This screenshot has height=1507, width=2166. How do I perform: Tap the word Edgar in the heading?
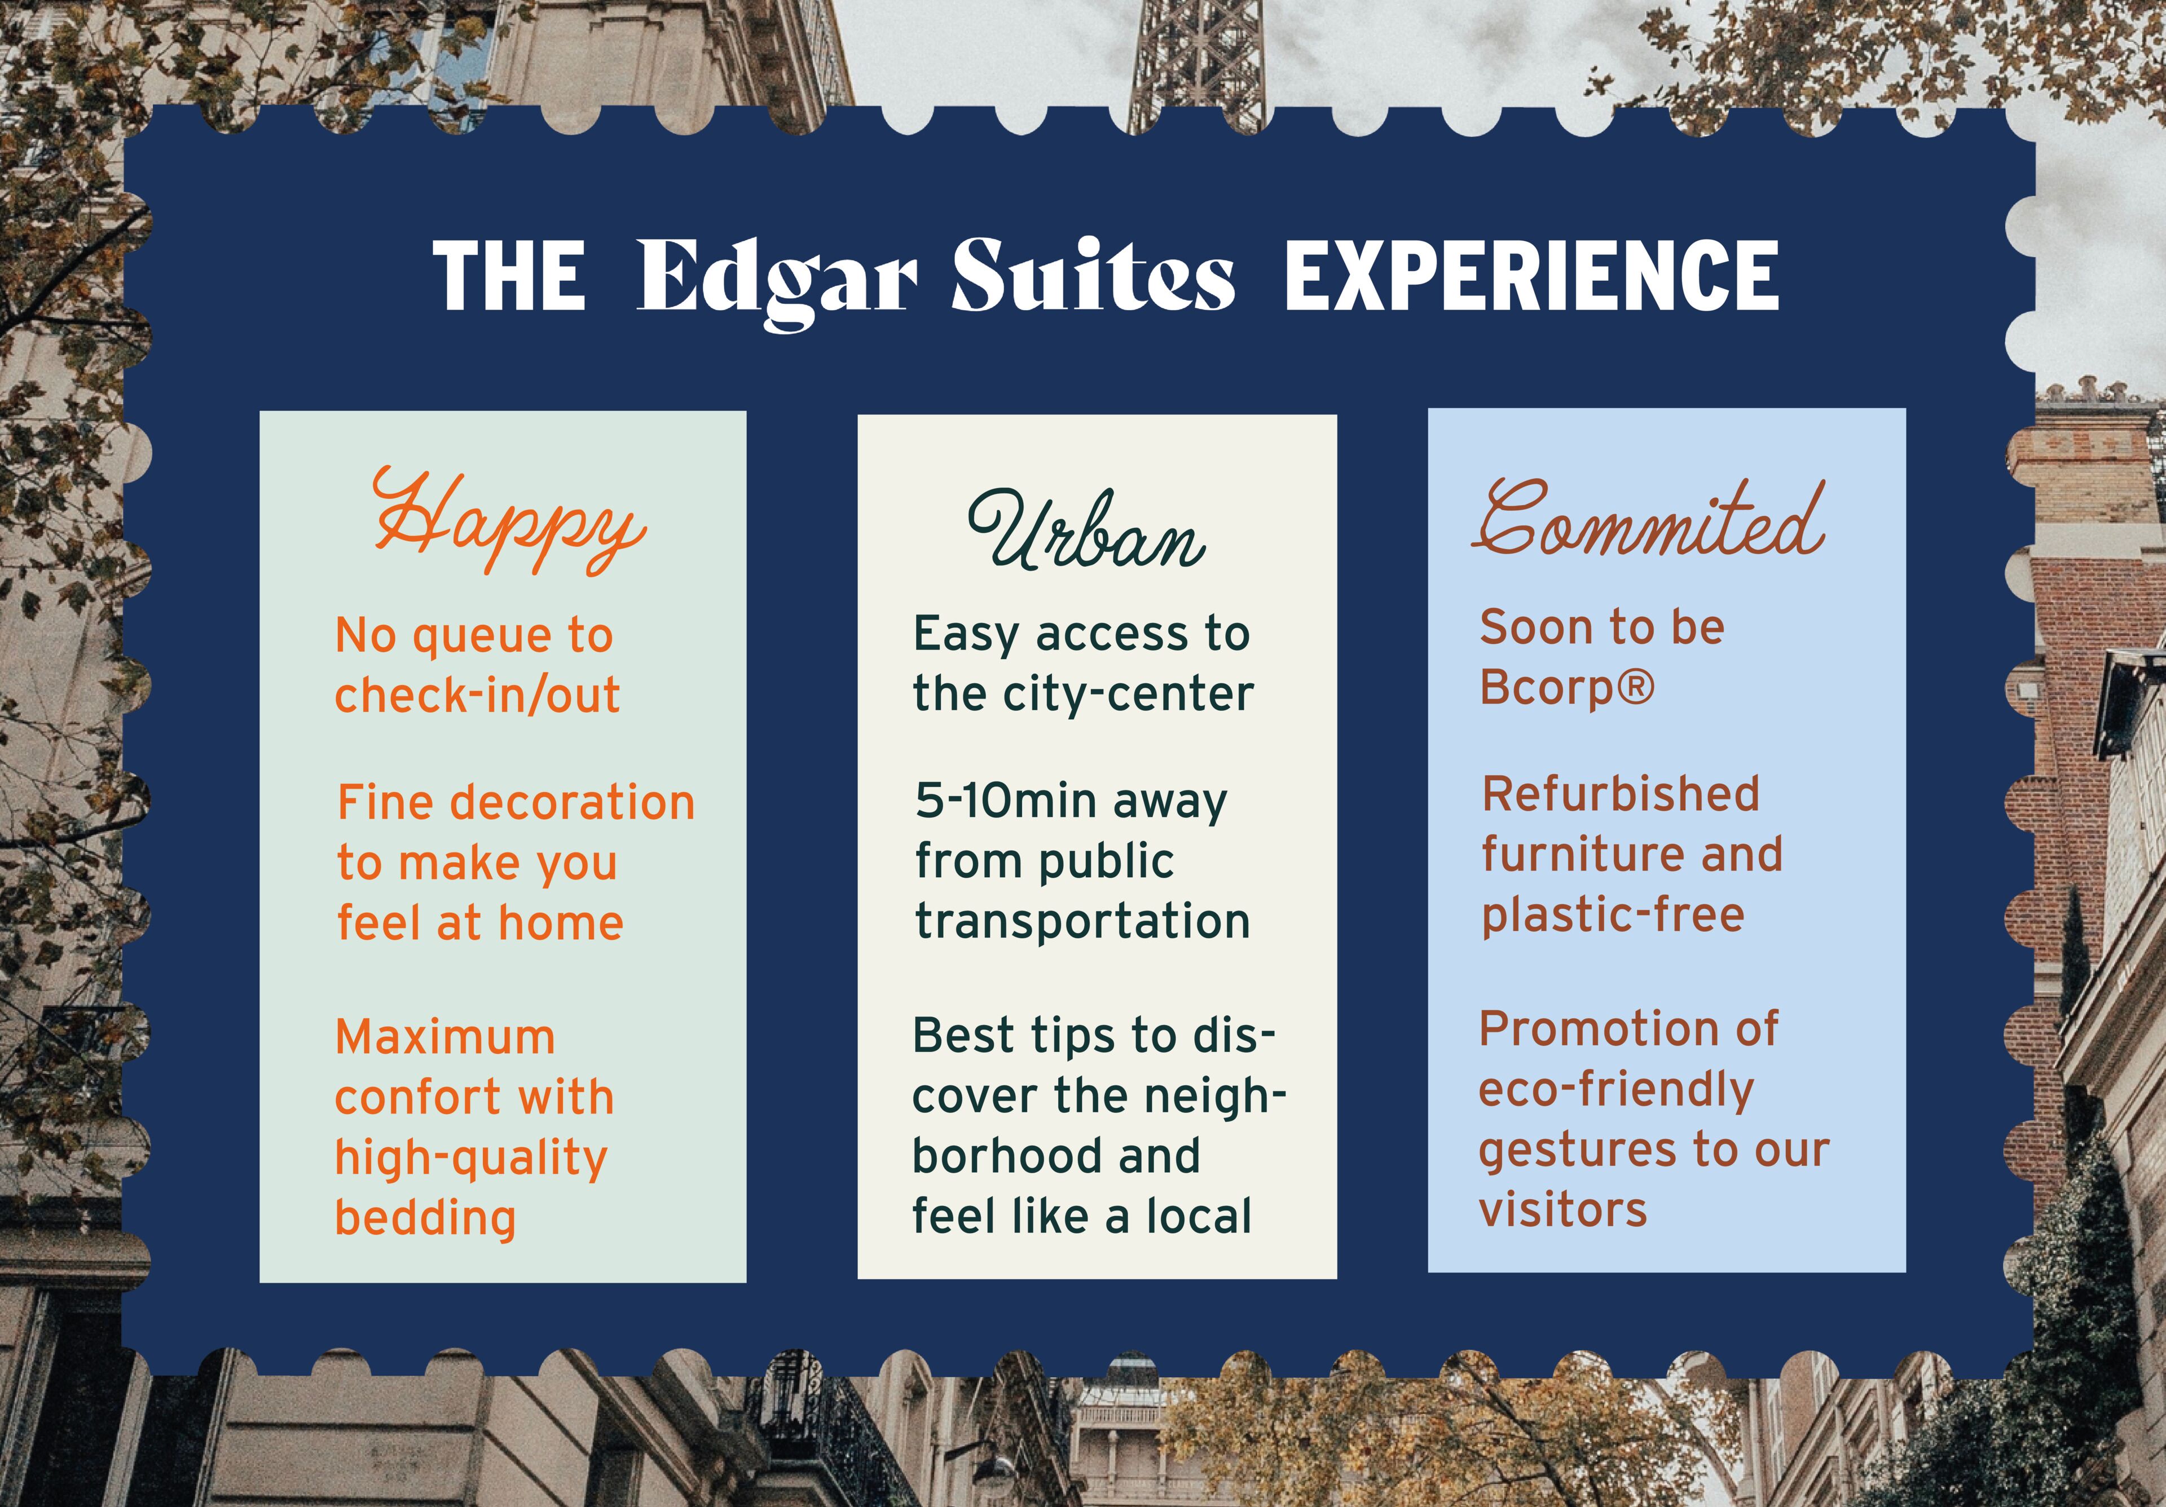776,280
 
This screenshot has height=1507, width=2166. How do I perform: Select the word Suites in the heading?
1093,275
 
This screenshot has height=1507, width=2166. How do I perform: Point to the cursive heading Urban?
1086,530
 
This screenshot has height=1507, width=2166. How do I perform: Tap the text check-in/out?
477,695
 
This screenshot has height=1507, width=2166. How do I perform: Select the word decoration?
572,803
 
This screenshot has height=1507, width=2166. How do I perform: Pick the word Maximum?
445,1037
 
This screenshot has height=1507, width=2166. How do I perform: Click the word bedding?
425,1217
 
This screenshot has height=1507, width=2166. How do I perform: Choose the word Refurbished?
1621,793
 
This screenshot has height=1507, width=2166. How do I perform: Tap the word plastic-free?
1613,914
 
